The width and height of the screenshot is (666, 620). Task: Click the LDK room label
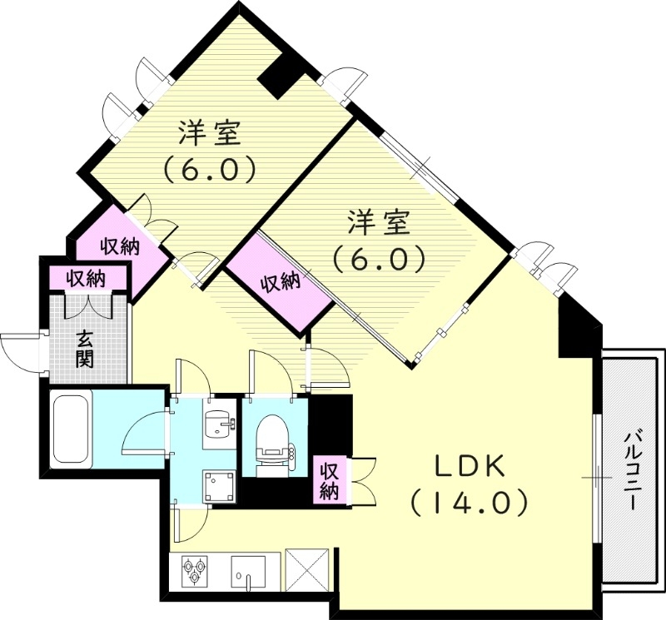467,467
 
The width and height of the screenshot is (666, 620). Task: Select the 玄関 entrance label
85,350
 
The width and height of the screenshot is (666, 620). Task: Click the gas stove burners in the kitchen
195,571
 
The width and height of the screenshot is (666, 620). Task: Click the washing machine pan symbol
218,485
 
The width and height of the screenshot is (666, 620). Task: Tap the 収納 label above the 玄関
86,278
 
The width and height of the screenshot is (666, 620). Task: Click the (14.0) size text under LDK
469,503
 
